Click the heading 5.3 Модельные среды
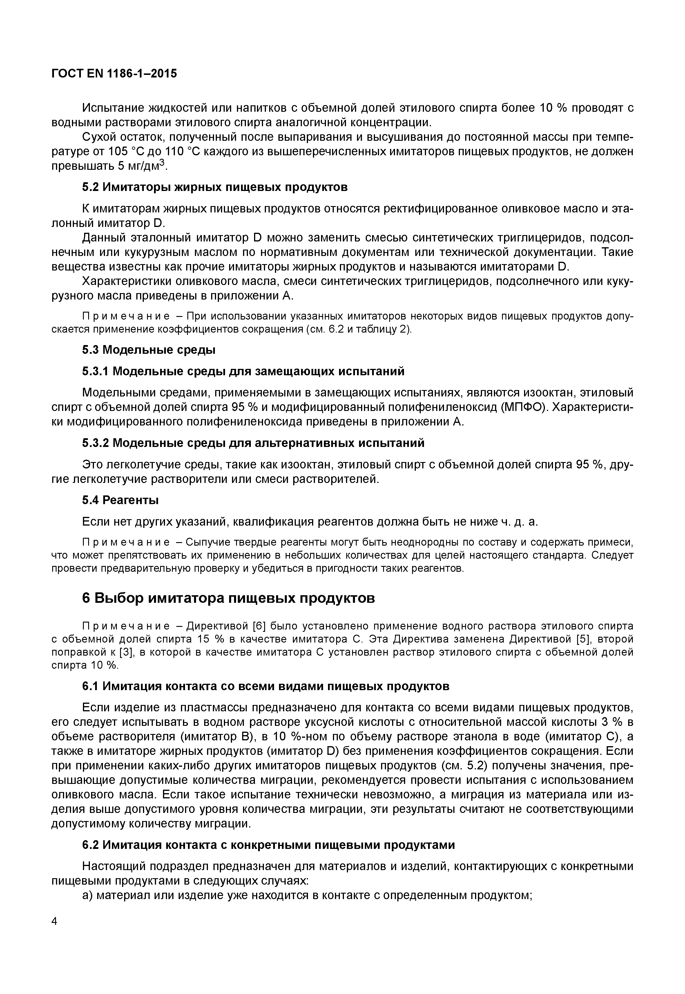148,350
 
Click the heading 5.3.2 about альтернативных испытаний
253,443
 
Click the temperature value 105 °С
124,151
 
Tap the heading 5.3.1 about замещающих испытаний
243,371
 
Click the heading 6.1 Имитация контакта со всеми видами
266,686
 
